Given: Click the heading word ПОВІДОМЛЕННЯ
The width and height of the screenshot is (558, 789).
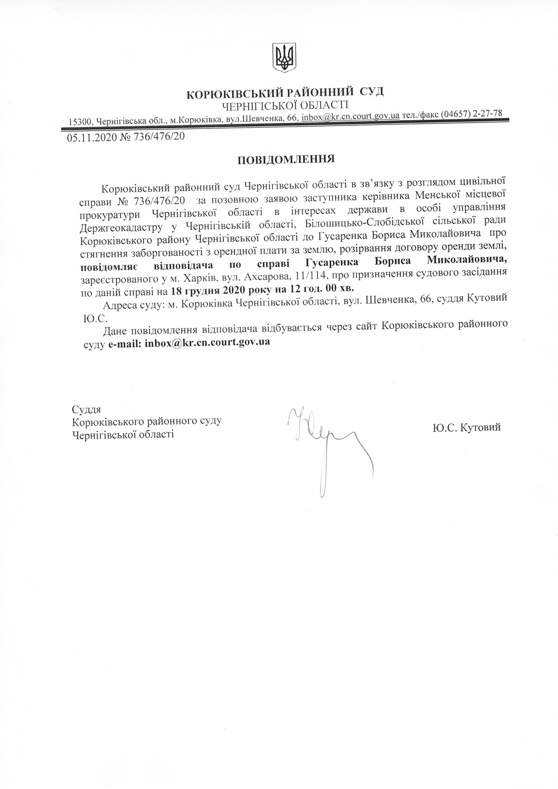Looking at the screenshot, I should coord(286,159).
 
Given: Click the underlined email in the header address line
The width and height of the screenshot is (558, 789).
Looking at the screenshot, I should coord(350,117).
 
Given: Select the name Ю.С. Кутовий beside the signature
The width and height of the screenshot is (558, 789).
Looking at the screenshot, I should coord(466,427).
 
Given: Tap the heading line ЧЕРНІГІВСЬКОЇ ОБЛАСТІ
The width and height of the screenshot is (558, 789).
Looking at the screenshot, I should coord(285,105).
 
